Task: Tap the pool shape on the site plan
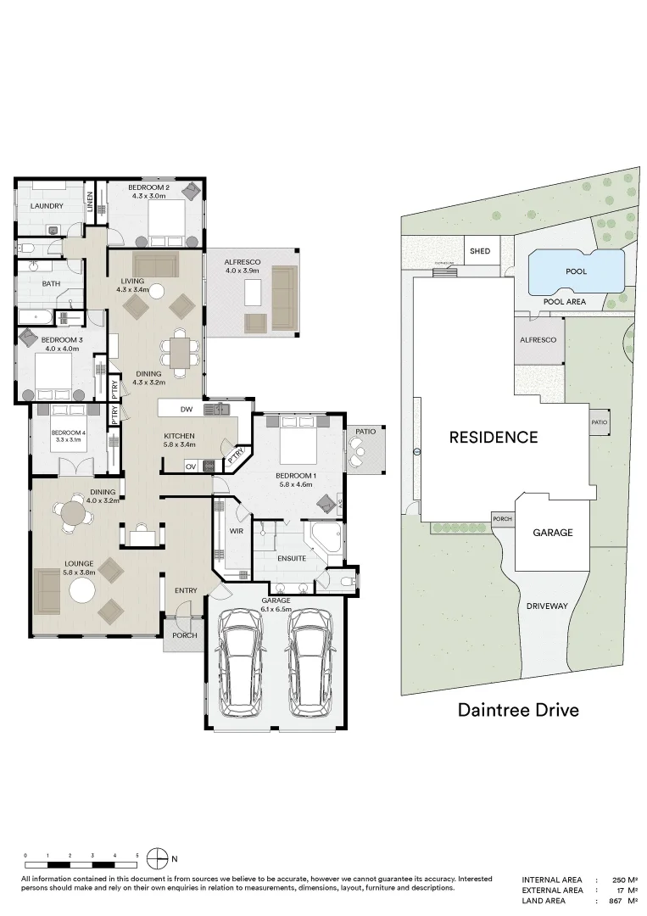576,270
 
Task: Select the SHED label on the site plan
480,251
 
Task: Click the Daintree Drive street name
518,709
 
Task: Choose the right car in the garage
309,662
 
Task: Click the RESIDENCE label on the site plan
493,438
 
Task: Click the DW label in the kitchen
187,409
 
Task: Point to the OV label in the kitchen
191,466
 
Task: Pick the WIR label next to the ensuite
237,532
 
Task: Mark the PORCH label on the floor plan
184,635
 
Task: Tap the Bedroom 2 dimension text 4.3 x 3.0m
150,196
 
